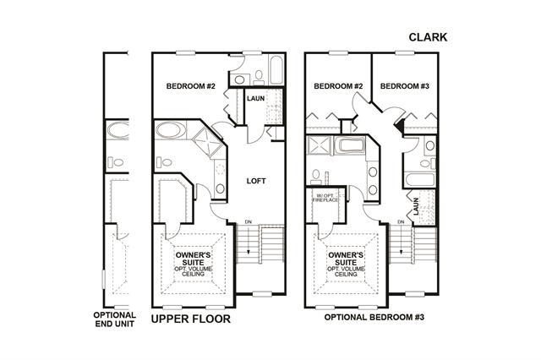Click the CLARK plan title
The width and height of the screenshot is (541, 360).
pyautogui.click(x=428, y=37)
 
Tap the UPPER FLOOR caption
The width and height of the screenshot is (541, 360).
pyautogui.click(x=191, y=319)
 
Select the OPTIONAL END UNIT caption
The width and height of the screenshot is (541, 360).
pyautogui.click(x=115, y=319)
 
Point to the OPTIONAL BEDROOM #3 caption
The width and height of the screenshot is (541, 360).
pyautogui.click(x=374, y=317)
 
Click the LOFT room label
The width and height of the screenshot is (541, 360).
pyautogui.click(x=256, y=181)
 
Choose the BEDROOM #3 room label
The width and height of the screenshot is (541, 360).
pyautogui.click(x=405, y=86)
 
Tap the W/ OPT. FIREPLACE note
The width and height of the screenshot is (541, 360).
pyautogui.click(x=325, y=198)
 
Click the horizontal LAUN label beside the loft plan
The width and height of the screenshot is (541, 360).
pyautogui.click(x=255, y=99)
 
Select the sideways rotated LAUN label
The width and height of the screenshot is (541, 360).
pyautogui.click(x=416, y=206)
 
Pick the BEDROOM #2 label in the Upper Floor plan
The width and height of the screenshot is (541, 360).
pyautogui.click(x=190, y=86)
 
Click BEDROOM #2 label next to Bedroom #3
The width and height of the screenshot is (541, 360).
pyautogui.click(x=338, y=86)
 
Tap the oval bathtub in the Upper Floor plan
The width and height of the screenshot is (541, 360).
pyautogui.click(x=170, y=130)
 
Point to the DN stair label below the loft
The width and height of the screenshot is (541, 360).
pyautogui.click(x=248, y=221)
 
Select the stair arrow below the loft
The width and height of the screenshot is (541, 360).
pyautogui.click(x=248, y=240)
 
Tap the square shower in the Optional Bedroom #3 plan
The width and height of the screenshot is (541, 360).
pyautogui.click(x=320, y=145)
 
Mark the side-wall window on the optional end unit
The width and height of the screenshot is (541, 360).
pyautogui.click(x=103, y=280)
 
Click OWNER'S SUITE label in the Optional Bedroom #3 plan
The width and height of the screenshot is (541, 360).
pyautogui.click(x=346, y=259)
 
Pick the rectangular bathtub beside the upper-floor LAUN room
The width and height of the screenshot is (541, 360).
pyautogui.click(x=276, y=70)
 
